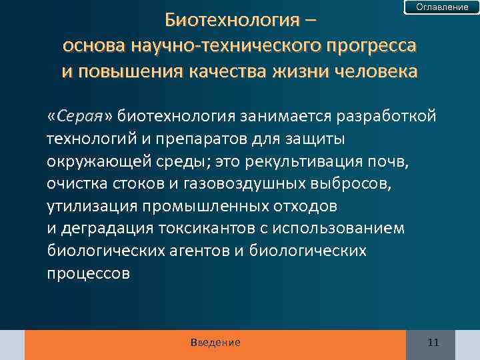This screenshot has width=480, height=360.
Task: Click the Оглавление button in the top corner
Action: tap(442, 7)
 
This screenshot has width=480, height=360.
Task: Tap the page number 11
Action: tap(433, 343)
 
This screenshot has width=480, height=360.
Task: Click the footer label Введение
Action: tap(215, 343)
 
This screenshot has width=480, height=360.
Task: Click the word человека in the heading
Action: tap(371, 71)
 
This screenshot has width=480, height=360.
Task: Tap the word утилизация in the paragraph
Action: tap(85, 207)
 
